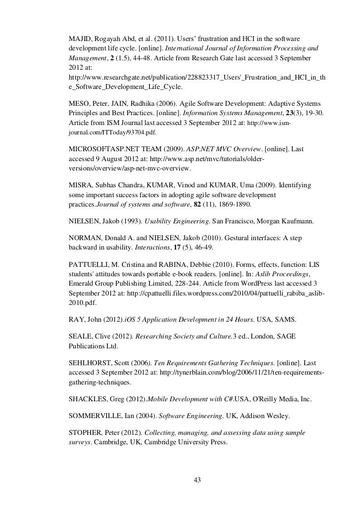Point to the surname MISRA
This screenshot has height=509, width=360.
click(x=80, y=185)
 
